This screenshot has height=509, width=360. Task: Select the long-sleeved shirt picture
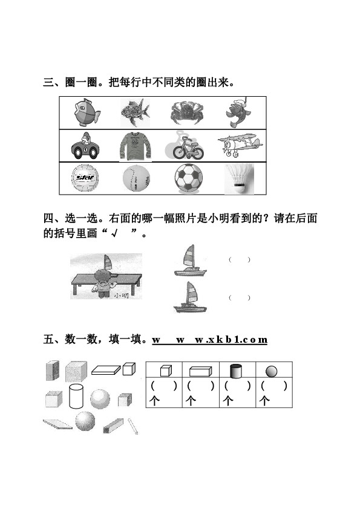[x=135, y=147]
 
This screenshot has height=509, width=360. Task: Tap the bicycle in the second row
[x=186, y=147]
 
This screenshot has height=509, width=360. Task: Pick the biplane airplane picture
[x=240, y=144]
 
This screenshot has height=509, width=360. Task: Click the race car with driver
[x=85, y=146]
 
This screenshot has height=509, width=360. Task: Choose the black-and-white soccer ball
[x=188, y=178]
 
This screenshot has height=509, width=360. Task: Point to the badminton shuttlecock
[x=239, y=178]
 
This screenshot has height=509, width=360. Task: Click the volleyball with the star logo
[x=85, y=178]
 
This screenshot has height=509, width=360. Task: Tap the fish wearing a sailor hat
[x=238, y=112]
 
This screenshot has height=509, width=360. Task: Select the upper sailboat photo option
[x=190, y=261]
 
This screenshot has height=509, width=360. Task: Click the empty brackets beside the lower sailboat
[x=240, y=297]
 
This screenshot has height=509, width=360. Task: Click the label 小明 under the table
[x=122, y=296]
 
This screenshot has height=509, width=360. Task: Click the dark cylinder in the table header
[x=236, y=371]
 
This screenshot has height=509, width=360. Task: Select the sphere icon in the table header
[x=271, y=371]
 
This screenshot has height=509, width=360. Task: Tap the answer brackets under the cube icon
[x=164, y=386]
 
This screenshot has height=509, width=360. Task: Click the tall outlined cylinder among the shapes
[x=76, y=396]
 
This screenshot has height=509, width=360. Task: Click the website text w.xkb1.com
[x=231, y=340]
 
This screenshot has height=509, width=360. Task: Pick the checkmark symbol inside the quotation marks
[x=114, y=233]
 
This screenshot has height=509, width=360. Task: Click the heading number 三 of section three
[x=48, y=82]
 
